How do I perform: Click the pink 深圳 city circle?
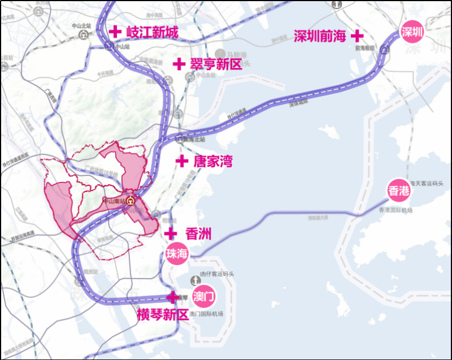click(x=411, y=32)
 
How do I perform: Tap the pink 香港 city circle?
click(x=399, y=190)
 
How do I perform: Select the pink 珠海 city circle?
click(x=176, y=254)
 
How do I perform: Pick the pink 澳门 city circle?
click(x=203, y=297)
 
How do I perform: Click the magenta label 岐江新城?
click(x=152, y=33)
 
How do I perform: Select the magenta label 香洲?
click(x=198, y=233)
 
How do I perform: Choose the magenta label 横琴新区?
click(x=163, y=315)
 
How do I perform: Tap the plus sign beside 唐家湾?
click(x=181, y=161)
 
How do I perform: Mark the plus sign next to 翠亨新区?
click(x=179, y=64)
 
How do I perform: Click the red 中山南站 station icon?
click(x=131, y=201)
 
